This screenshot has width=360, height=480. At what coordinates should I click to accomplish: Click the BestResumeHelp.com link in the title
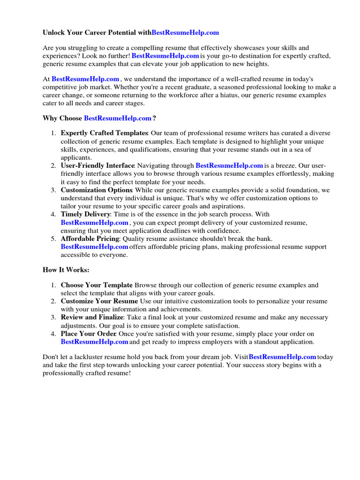[185, 33]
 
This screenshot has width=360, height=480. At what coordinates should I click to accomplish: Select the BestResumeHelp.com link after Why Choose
[117, 118]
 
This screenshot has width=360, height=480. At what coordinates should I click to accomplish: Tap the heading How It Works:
[66, 270]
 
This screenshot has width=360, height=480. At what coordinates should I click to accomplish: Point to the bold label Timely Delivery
[85, 214]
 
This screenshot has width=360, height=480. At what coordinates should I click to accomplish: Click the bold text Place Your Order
[88, 334]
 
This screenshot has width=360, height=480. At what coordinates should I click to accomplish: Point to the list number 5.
[53, 239]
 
